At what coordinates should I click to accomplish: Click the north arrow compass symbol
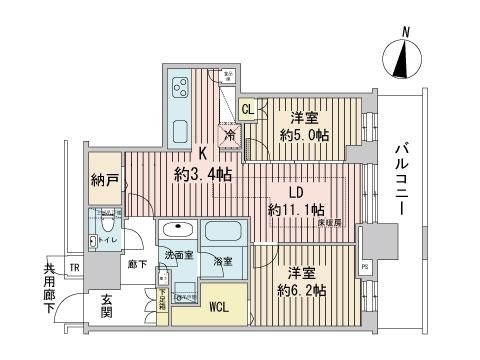tap(405, 62)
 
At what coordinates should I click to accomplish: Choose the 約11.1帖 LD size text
tap(296, 209)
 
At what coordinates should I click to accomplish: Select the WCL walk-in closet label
tap(220, 307)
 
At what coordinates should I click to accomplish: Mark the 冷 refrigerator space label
tap(229, 136)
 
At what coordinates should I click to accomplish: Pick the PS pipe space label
tap(364, 267)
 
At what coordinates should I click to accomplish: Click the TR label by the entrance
tap(73, 267)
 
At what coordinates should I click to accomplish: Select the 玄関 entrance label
tap(106, 306)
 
